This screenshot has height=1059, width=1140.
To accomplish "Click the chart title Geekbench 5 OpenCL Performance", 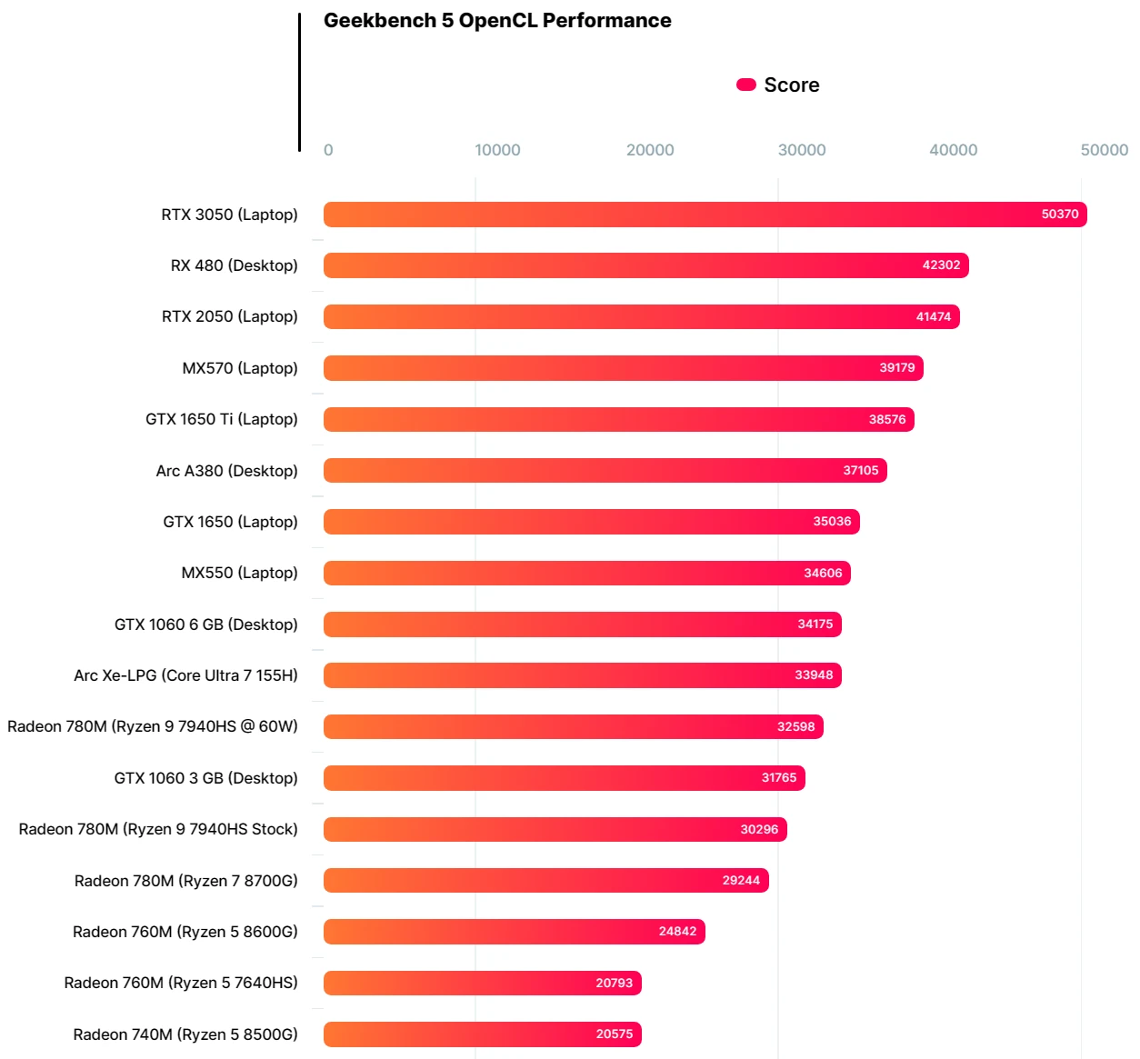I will tap(497, 21).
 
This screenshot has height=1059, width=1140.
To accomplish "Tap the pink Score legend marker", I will tap(746, 85).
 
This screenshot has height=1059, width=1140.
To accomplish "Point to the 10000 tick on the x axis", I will tap(497, 150).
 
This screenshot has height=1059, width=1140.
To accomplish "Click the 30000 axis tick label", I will tap(802, 150).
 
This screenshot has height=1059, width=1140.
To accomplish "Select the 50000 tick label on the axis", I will tap(1104, 150).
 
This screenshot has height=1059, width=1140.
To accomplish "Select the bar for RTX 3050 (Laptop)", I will tap(705, 215).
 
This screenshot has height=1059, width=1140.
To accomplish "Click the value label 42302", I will tap(941, 265).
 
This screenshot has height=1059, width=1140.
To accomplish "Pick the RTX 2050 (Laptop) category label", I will tap(229, 316).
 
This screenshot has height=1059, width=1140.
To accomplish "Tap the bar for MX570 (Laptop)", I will tap(623, 368).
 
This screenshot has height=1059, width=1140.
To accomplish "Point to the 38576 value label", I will tap(887, 419).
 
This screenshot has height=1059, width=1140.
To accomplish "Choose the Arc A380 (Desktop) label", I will tap(226, 471).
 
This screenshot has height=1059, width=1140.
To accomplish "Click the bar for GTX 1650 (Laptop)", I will tap(591, 522).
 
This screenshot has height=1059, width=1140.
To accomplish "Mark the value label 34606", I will tap(823, 573).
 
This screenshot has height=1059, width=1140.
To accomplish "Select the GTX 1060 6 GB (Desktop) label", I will tap(205, 624).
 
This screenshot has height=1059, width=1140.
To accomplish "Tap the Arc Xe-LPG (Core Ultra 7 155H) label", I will tap(185, 675).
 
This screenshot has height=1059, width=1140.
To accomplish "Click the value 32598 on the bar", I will tap(795, 726).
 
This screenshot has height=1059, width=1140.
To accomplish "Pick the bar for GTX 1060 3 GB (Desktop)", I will tap(564, 778).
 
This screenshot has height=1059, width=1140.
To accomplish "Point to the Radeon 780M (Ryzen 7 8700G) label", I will tap(185, 880).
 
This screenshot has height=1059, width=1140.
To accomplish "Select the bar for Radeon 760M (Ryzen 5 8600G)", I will tap(514, 932).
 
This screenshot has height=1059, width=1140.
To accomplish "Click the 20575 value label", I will tap(615, 1034).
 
